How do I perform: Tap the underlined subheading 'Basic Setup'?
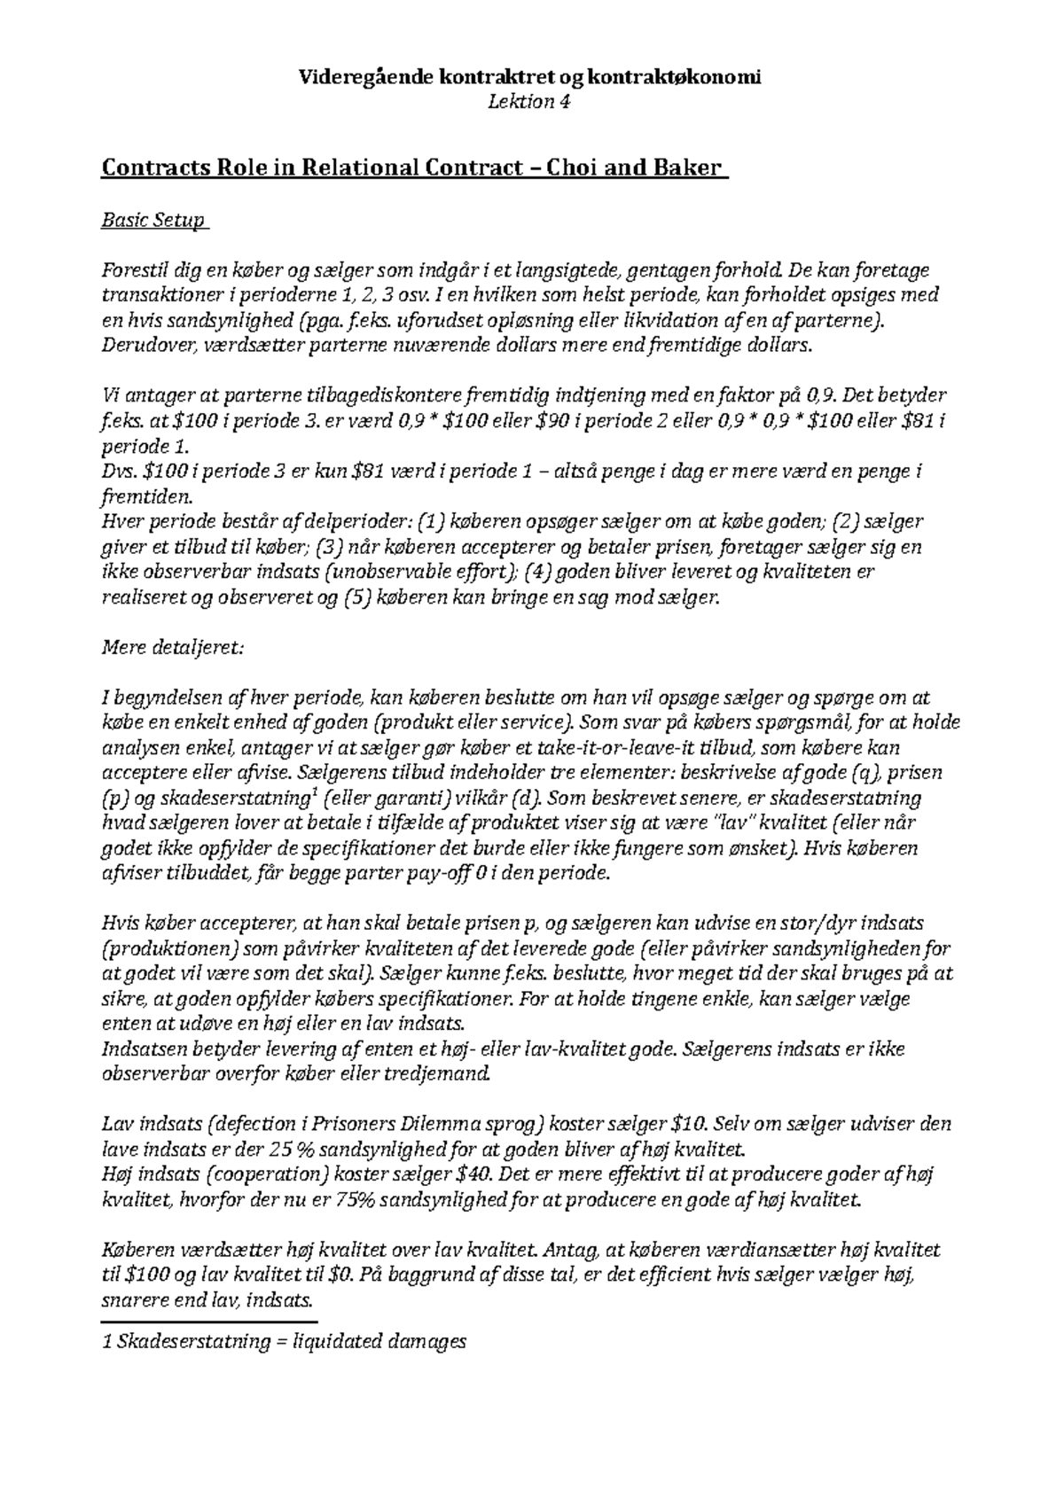[153, 220]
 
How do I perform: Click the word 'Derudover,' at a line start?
[145, 345]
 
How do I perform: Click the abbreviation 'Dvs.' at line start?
[120, 471]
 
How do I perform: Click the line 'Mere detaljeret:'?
[172, 647]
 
